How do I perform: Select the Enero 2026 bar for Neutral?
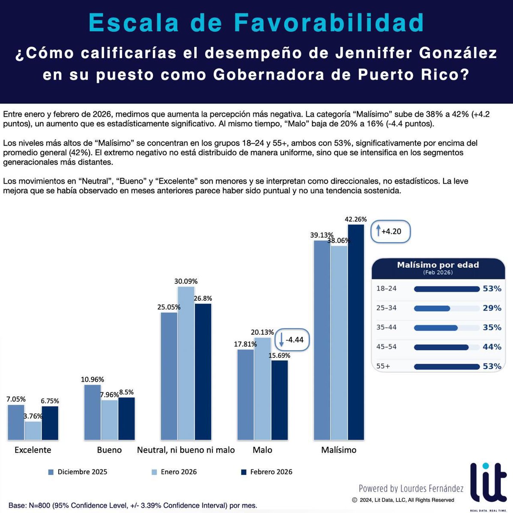(186, 363)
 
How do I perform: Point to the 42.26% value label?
(356, 219)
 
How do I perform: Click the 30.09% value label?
(186, 281)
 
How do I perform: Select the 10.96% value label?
(92, 379)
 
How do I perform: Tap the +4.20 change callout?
(391, 232)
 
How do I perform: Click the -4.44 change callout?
(292, 340)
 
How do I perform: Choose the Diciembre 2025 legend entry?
(78, 472)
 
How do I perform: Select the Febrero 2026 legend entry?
(266, 472)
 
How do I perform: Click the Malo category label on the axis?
(262, 450)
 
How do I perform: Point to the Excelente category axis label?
(33, 450)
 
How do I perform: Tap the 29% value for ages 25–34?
(492, 308)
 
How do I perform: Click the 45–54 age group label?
(386, 347)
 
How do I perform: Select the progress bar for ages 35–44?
(446, 328)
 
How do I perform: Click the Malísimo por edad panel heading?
(438, 265)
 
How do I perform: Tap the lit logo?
(488, 483)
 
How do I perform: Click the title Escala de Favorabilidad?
(256, 23)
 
